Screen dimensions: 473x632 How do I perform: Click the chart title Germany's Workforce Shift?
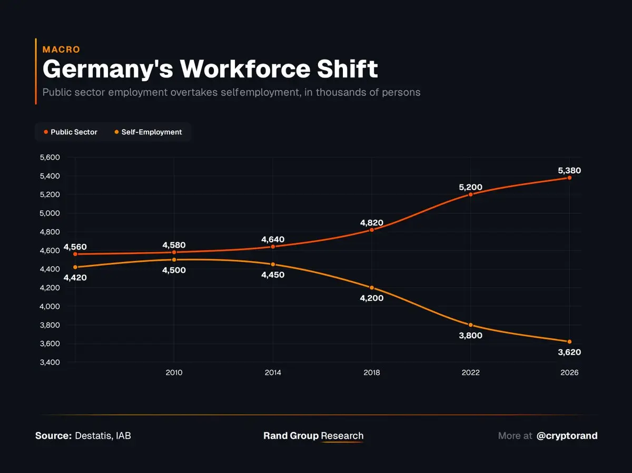[x=210, y=70]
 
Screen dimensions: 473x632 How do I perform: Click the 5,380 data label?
[x=569, y=171]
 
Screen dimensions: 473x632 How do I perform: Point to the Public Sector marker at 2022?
[x=471, y=194]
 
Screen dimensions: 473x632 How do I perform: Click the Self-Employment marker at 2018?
[x=372, y=288]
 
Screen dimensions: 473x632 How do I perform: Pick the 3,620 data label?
[x=569, y=352]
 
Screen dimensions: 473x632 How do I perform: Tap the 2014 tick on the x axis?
[x=273, y=372]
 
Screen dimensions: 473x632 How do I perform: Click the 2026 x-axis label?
[x=569, y=372]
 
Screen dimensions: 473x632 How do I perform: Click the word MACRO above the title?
[x=61, y=50]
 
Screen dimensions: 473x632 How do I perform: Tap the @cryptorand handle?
[x=567, y=436]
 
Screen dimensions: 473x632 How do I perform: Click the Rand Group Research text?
[x=313, y=436]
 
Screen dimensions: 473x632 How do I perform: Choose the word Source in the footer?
[x=53, y=436]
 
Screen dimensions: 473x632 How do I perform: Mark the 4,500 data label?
[x=174, y=270]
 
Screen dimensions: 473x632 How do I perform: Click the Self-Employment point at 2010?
[x=174, y=260]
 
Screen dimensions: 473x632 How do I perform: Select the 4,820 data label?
[x=372, y=223]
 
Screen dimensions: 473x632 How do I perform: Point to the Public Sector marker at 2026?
[x=569, y=178]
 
